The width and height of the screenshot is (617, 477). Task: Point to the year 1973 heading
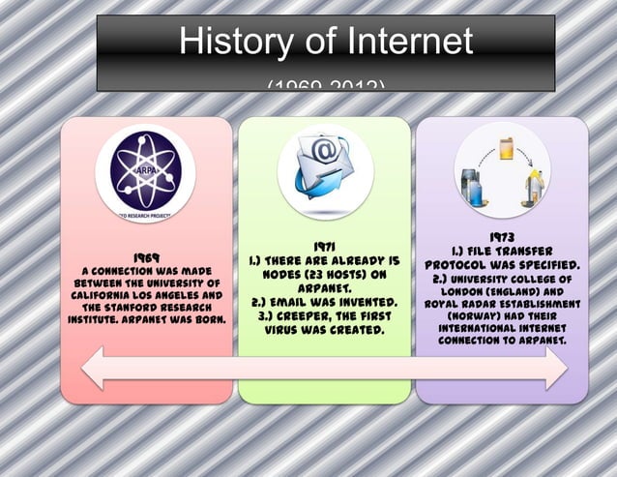pos(501,236)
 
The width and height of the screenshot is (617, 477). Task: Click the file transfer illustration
pos(502,173)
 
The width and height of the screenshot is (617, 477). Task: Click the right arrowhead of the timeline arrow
pos(558,370)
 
